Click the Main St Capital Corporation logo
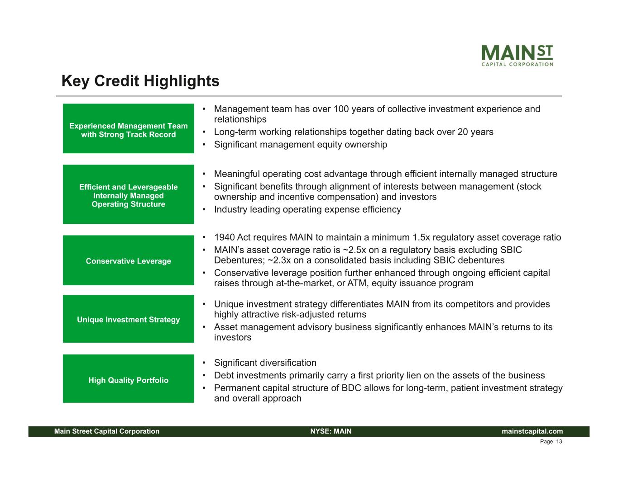(517, 55)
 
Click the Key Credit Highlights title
(140, 81)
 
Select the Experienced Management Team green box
(129, 128)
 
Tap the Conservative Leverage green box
(129, 260)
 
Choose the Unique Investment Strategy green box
(129, 319)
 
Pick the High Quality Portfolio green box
(129, 378)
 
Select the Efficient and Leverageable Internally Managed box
(129, 194)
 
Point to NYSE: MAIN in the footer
(331, 431)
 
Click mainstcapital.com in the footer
(532, 431)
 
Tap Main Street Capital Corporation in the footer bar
(107, 431)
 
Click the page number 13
(559, 442)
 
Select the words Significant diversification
(265, 363)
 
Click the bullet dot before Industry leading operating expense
(204, 209)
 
